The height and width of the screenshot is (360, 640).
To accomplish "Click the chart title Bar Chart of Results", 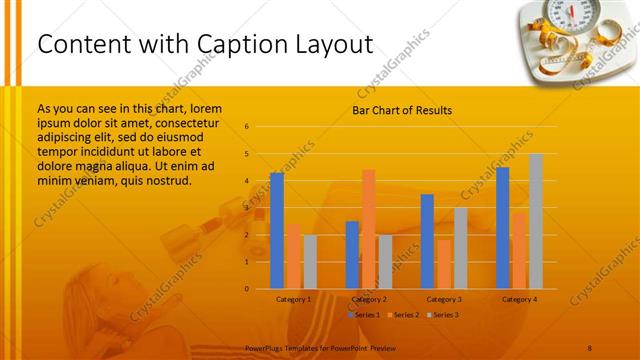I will coord(401,110).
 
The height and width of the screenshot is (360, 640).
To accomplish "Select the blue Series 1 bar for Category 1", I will coord(277,230).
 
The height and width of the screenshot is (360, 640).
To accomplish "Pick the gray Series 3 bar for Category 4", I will coord(536,221).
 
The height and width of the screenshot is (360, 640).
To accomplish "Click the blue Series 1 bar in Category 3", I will coord(427,241).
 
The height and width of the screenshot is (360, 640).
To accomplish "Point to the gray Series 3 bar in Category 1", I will coord(310,261).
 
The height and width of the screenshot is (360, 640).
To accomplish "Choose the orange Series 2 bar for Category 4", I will coord(519,250).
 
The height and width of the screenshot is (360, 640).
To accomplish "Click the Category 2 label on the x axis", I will coord(369,299).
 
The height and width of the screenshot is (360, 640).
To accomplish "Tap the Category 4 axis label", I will coord(519,299).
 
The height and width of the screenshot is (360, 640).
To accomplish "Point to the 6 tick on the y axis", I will coord(247,127).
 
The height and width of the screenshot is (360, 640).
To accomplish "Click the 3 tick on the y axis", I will coord(247,208).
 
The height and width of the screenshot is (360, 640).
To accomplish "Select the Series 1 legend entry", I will coord(364,315).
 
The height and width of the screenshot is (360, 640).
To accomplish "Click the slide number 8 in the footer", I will coord(590,346).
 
